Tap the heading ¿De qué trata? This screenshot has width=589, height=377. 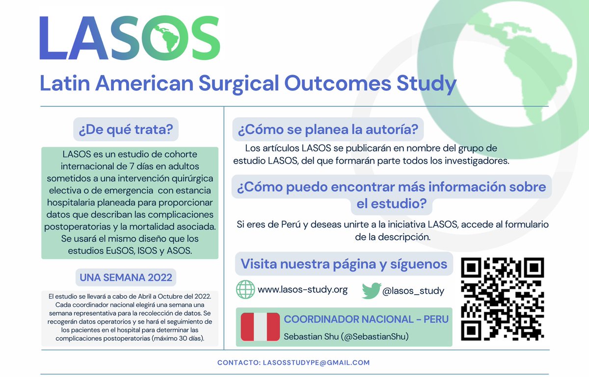point(126,130)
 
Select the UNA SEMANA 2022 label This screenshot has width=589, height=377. point(126,278)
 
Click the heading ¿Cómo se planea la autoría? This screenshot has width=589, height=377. point(328,130)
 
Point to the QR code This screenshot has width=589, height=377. point(503,299)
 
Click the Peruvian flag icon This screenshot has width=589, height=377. point(260,327)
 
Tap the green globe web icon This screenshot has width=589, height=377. point(245,290)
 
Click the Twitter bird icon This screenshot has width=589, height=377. point(371,291)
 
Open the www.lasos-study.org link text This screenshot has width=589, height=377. point(302,290)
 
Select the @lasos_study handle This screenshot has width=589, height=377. point(413,291)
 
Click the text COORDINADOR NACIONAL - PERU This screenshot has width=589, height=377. point(366,319)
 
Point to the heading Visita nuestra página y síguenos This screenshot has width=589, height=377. point(344,264)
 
